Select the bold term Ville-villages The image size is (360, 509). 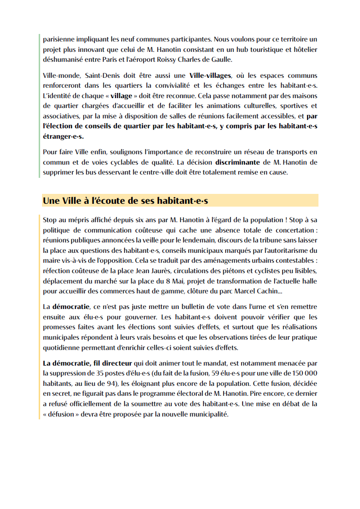[x=210, y=75]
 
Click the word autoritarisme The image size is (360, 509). [x=288, y=250]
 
